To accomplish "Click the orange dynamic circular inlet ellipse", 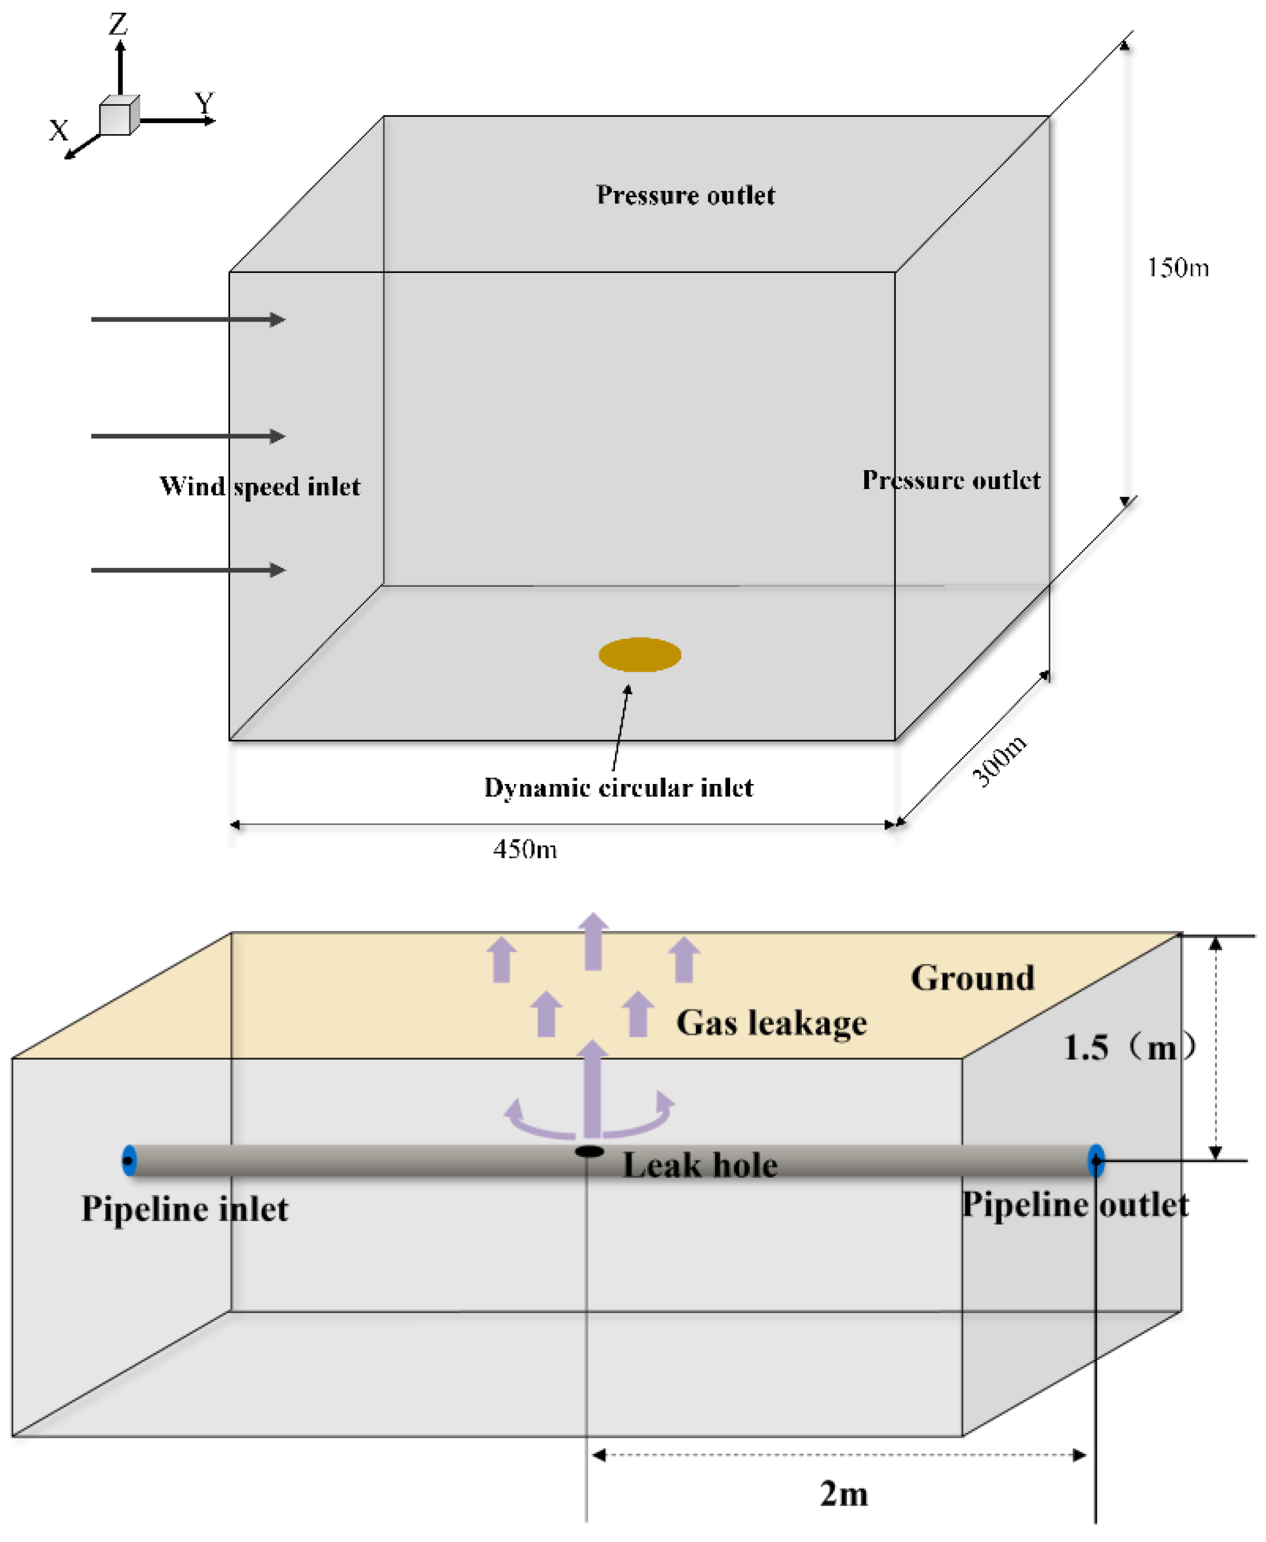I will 639,654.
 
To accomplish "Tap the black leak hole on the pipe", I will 589,1152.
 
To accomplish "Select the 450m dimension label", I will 525,849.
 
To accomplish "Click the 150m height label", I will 1178,268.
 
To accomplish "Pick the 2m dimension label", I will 844,1494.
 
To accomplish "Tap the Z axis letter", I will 118,24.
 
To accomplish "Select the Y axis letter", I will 205,103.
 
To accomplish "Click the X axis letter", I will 58,131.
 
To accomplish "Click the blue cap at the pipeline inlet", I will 129,1160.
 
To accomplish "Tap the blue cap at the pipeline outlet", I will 1095,1160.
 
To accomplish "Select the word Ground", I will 972,978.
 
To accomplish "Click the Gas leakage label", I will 772,1023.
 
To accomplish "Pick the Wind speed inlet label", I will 260,486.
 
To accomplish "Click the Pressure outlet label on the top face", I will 686,195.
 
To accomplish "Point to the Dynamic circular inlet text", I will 619,788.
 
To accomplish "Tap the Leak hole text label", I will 699,1165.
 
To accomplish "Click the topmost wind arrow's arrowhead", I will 278,320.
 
